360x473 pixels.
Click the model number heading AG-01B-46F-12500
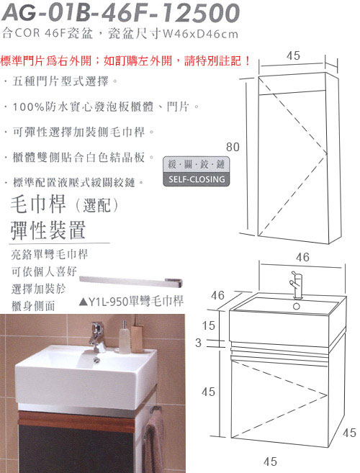(121, 13)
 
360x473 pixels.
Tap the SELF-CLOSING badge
(196, 171)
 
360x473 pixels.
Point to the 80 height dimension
(233, 147)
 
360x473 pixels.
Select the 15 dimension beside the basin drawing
(209, 325)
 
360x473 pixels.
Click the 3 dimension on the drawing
(198, 343)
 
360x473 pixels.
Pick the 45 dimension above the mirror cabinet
(293, 55)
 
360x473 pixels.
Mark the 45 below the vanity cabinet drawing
(270, 461)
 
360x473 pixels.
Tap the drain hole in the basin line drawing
(297, 307)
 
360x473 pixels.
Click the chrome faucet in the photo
(97, 337)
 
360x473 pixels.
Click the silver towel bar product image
(131, 282)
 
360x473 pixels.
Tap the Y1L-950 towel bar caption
(131, 301)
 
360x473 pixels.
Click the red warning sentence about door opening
(125, 61)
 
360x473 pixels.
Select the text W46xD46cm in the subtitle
(200, 34)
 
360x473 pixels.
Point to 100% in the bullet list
(29, 107)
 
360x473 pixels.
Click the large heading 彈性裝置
(48, 230)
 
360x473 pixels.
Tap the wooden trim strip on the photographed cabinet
(76, 420)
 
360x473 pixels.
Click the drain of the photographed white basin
(96, 359)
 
